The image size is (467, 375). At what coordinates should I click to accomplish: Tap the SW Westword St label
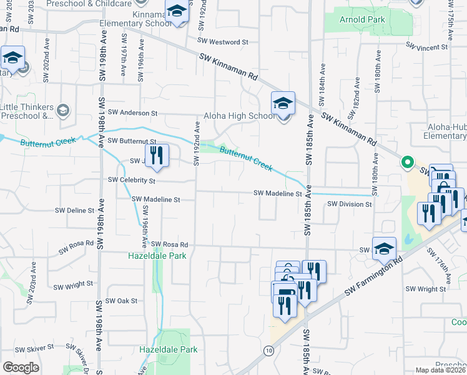[223, 42]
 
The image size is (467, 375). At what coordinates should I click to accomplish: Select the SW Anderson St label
[132, 112]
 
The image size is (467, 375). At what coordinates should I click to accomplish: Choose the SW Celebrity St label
[131, 180]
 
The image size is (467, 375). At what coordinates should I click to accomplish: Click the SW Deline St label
[75, 211]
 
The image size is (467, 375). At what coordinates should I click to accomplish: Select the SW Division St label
[349, 204]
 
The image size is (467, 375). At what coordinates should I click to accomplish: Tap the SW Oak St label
[122, 301]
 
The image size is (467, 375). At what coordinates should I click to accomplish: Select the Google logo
[21, 367]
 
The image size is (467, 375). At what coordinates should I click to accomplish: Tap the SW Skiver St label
[38, 349]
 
